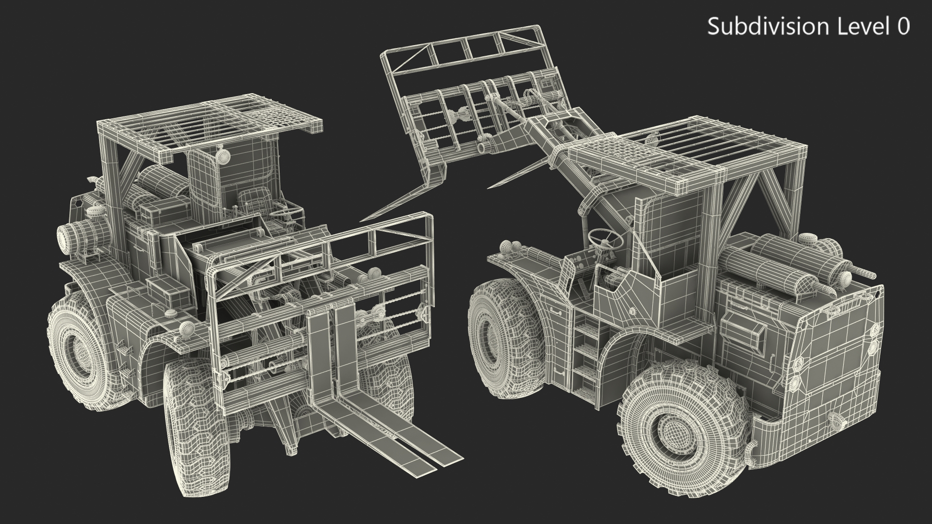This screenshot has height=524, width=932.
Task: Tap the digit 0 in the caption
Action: click(903, 27)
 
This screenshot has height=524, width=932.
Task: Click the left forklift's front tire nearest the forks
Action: click(192, 420)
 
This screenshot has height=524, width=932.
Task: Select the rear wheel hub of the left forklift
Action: click(78, 348)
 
